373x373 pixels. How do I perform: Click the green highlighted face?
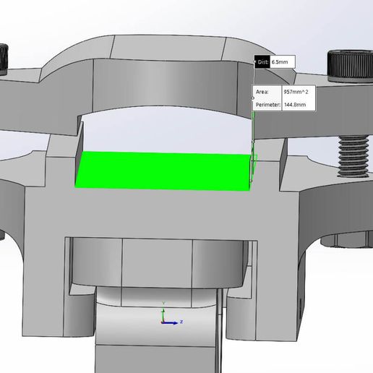tap(163, 171)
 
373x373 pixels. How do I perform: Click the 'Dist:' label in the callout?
tap(262, 62)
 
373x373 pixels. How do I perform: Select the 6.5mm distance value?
tap(280, 62)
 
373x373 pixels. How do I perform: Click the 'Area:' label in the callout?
tap(262, 92)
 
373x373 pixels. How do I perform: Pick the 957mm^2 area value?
tap(296, 92)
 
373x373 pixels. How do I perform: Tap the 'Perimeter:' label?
tap(268, 105)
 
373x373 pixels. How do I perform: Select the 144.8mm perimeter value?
tap(295, 105)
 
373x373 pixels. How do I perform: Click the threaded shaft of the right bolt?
tap(353, 156)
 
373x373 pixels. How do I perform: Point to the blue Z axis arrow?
tap(171, 323)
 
